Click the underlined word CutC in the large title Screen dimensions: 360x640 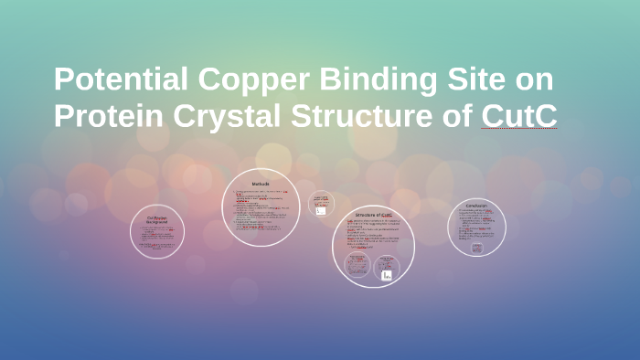pos(518,116)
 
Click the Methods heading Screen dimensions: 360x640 pos(261,184)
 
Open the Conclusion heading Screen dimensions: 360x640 pos(476,207)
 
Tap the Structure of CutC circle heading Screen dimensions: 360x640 pos(373,215)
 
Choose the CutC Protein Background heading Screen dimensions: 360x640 pos(157,219)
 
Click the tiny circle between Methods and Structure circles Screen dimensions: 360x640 pos(321,205)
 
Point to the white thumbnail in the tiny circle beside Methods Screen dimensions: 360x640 pos(320,211)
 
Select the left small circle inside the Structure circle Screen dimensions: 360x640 pos(357,267)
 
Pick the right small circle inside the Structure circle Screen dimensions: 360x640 pos(387,268)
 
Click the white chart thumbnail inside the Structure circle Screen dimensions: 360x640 pos(387,274)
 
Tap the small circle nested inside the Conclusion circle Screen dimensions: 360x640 pos(477,247)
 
